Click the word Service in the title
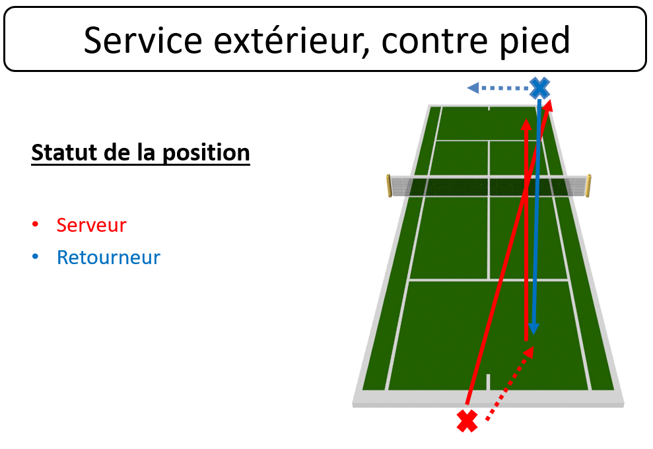point(143,40)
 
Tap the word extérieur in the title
point(292,40)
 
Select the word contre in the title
point(434,41)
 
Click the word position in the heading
point(206,153)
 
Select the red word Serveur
point(91,225)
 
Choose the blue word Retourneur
point(108,258)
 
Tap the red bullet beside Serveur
point(36,224)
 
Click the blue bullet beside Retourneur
point(36,257)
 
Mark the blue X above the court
point(539,88)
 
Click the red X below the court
point(467,421)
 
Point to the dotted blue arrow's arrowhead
point(473,88)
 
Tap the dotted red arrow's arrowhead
point(529,353)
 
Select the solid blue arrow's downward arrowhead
point(533,329)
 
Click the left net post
point(389,186)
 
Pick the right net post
point(588,186)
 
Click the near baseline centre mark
point(488,382)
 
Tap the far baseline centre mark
point(489,109)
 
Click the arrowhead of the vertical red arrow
point(526,125)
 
